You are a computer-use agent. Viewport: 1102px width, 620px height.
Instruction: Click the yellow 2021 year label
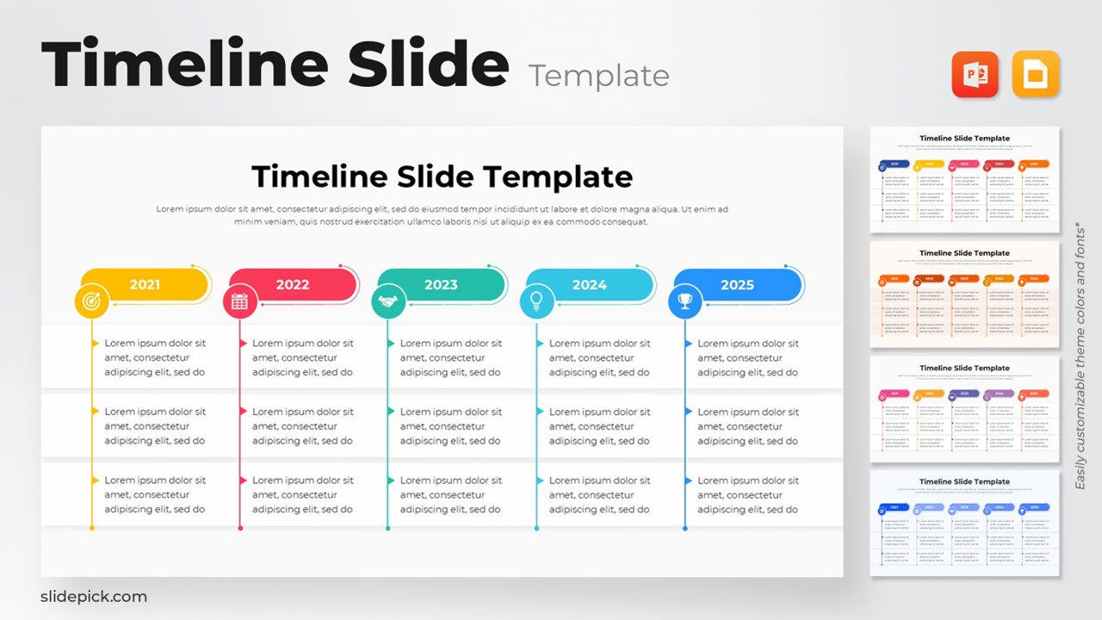(145, 285)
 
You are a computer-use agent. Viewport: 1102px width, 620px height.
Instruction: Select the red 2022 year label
(293, 285)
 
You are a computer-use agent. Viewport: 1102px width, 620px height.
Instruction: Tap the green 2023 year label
(441, 285)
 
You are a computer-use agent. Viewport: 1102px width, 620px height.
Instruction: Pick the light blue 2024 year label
(590, 285)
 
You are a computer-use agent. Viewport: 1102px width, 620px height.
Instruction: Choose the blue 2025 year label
(738, 285)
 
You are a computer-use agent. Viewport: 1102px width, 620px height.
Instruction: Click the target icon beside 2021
(92, 301)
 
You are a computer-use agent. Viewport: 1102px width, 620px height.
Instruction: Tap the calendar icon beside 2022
(240, 301)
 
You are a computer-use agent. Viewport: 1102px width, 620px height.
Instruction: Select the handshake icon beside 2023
(388, 301)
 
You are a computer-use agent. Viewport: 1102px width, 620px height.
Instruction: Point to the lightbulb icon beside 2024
(536, 301)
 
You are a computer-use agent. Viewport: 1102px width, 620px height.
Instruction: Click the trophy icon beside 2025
(685, 301)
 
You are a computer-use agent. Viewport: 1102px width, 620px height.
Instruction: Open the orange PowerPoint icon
(975, 74)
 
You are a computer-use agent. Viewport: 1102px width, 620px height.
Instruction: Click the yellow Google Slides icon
(1035, 74)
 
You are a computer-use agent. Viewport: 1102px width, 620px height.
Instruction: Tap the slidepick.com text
(94, 597)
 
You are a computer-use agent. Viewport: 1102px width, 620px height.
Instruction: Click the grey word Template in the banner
(599, 76)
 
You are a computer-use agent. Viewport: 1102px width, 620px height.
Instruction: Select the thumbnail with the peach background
(964, 294)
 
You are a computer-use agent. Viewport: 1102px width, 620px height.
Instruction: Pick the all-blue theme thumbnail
(964, 523)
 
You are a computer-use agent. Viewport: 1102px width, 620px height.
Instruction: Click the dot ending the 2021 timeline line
(92, 528)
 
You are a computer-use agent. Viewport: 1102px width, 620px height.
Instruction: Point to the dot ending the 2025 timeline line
(685, 528)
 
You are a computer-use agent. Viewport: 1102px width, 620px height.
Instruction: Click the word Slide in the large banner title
(429, 65)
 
